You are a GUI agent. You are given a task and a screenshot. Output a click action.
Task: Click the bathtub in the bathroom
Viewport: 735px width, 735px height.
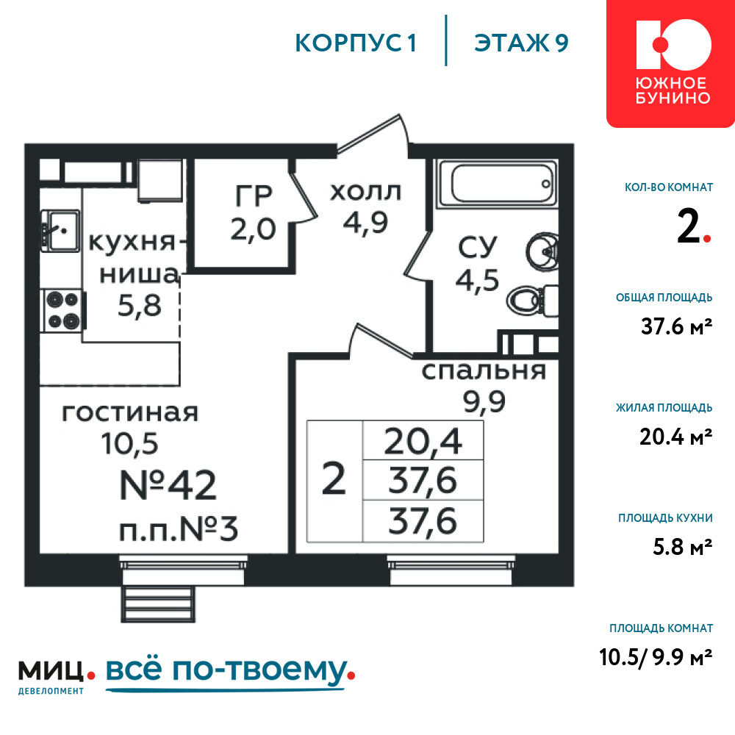pyautogui.click(x=498, y=183)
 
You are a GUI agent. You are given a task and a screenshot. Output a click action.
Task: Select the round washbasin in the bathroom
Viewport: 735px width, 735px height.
pyautogui.click(x=542, y=251)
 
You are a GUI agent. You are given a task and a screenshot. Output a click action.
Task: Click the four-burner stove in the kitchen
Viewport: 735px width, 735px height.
pyautogui.click(x=63, y=310)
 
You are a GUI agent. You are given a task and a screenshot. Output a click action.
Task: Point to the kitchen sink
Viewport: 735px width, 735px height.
pyautogui.click(x=60, y=231)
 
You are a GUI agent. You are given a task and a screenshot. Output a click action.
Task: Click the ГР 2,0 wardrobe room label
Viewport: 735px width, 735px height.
pyautogui.click(x=254, y=212)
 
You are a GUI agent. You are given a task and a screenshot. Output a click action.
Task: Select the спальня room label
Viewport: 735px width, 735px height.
pyautogui.click(x=484, y=370)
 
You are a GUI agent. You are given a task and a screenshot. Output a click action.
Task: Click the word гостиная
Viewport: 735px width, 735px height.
pyautogui.click(x=130, y=412)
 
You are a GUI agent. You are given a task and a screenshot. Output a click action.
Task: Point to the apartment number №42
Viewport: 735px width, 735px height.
pyautogui.click(x=168, y=484)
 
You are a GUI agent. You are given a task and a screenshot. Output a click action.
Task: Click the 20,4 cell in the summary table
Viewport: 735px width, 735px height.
pyautogui.click(x=423, y=440)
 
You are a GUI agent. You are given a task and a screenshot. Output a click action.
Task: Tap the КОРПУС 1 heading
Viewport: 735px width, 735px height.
pyautogui.click(x=356, y=43)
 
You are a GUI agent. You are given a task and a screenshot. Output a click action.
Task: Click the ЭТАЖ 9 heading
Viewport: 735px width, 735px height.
pyautogui.click(x=521, y=43)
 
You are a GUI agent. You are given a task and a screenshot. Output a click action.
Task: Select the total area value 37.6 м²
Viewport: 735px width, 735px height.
pyautogui.click(x=676, y=326)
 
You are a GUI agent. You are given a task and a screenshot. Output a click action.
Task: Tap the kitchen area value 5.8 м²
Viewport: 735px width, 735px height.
pyautogui.click(x=683, y=547)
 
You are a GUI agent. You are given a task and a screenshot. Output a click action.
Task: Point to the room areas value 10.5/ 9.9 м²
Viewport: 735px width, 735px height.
pyautogui.click(x=656, y=657)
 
